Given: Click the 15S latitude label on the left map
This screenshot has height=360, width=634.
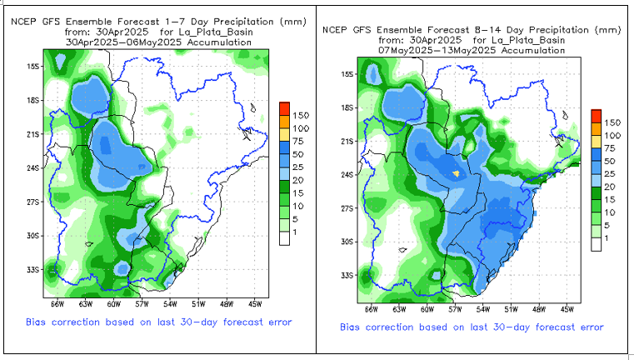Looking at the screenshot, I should (x=33, y=65).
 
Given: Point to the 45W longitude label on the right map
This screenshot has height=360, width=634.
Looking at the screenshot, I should (x=567, y=308).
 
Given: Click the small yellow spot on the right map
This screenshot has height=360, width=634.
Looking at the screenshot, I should (x=456, y=173).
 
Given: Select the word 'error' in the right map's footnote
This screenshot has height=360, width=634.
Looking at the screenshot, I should (x=589, y=327).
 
